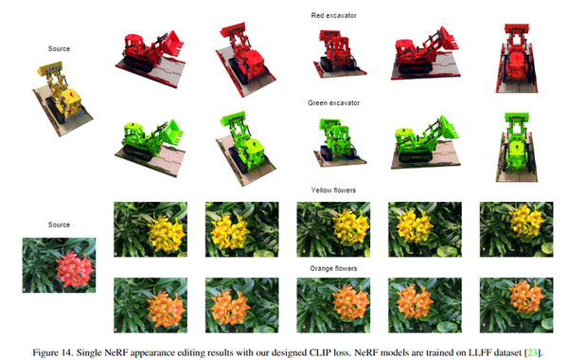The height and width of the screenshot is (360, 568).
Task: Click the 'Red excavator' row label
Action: (333, 15)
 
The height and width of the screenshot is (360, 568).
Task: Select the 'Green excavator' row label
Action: (333, 103)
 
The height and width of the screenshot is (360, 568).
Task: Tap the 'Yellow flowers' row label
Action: (333, 190)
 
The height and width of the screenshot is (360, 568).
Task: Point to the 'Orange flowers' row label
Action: (333, 269)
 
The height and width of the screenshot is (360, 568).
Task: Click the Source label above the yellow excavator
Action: (59, 48)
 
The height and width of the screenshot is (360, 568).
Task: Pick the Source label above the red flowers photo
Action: (59, 225)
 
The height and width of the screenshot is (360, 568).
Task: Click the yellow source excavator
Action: (62, 98)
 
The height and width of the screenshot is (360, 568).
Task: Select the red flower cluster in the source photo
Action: (75, 268)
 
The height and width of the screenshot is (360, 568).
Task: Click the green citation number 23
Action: (532, 352)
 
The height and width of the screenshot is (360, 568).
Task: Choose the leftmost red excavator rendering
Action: (151, 59)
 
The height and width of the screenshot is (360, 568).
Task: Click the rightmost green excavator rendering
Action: (517, 147)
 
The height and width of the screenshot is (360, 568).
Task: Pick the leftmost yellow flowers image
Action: (151, 229)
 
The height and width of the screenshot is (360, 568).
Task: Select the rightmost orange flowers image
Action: (517, 305)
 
